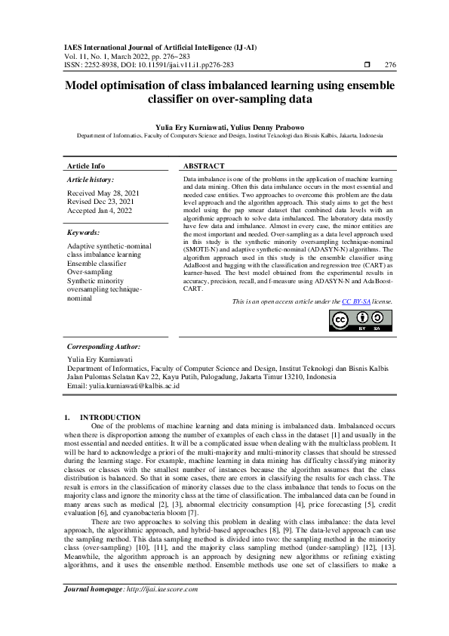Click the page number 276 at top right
point(389,65)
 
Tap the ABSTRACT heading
point(204,165)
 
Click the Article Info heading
point(87,165)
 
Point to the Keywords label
point(85,233)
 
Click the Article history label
point(91,181)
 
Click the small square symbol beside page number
point(365,65)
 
